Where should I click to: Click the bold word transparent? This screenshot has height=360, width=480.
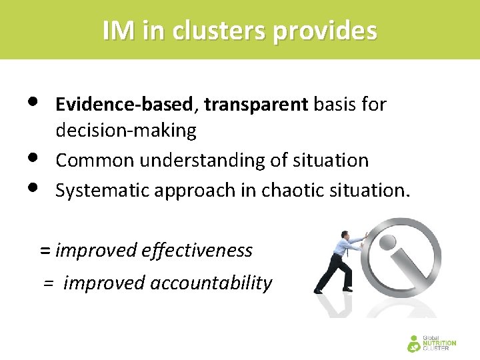[256, 105]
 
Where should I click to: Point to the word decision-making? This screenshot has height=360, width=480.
[126, 131]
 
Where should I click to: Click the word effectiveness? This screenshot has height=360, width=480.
[197, 251]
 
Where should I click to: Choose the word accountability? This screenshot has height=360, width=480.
[211, 283]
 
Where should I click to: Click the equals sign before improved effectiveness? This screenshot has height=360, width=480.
[45, 251]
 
